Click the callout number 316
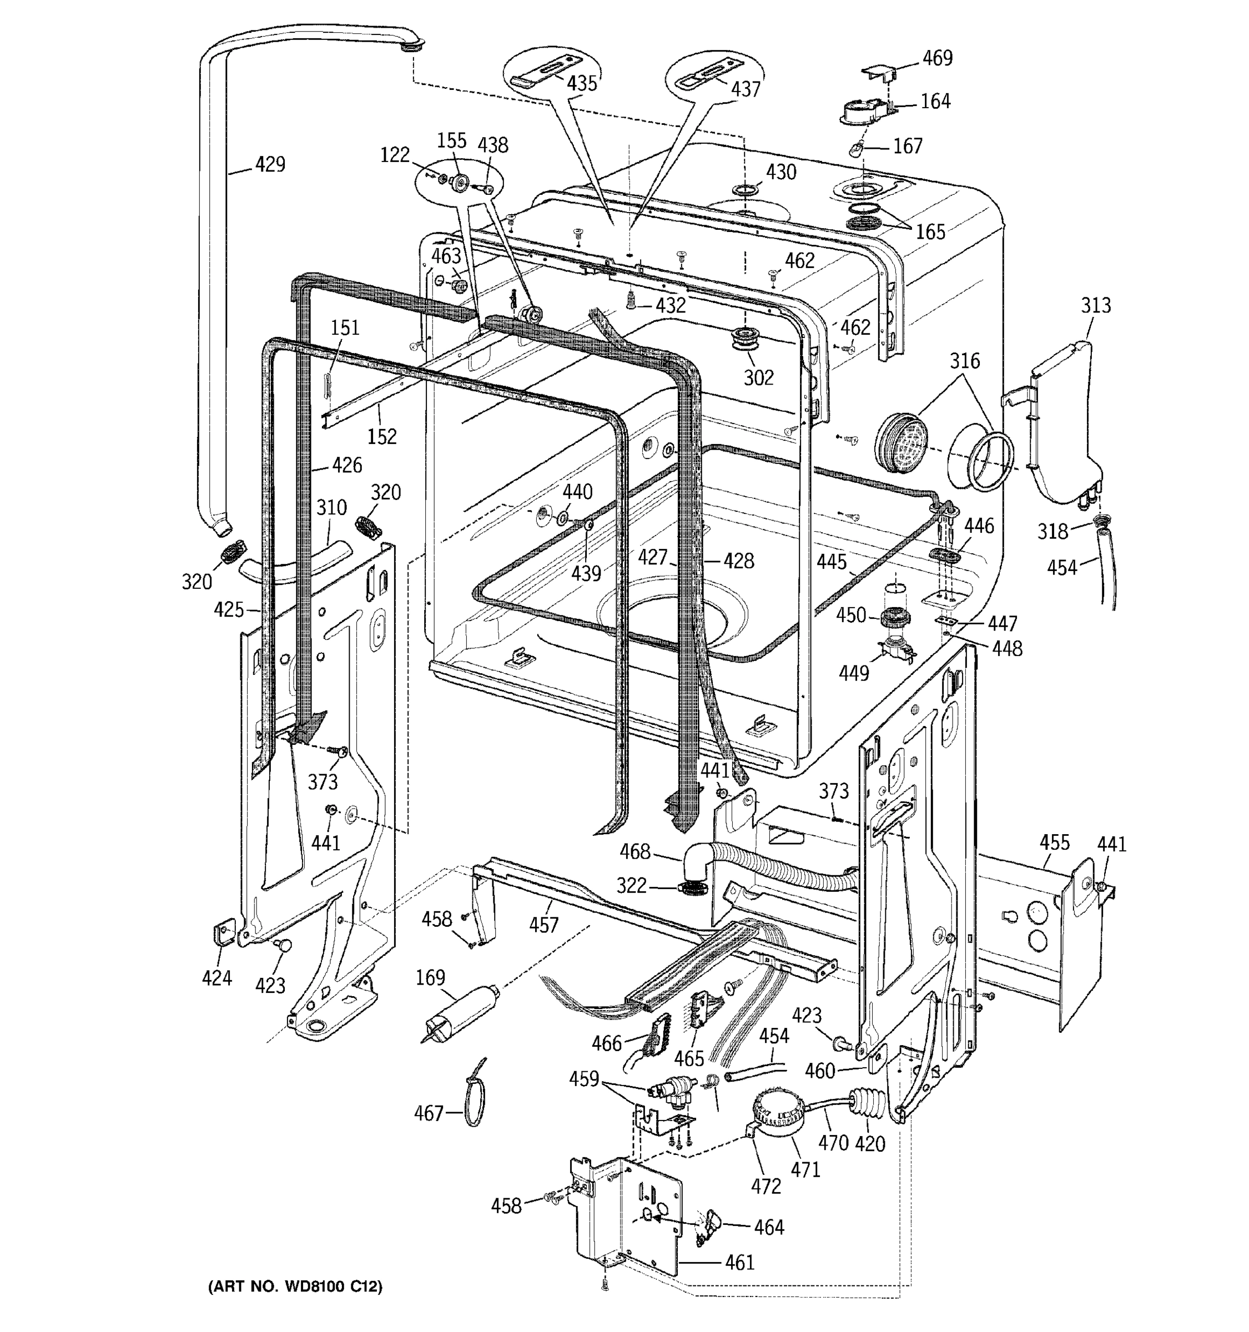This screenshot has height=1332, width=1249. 965,361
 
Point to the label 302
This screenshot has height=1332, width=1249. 758,378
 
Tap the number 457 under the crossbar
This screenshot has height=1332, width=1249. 543,925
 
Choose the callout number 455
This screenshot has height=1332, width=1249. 1055,843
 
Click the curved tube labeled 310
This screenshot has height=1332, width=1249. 295,562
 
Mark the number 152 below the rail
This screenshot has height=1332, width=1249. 381,436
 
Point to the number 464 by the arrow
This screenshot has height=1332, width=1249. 769,1228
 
